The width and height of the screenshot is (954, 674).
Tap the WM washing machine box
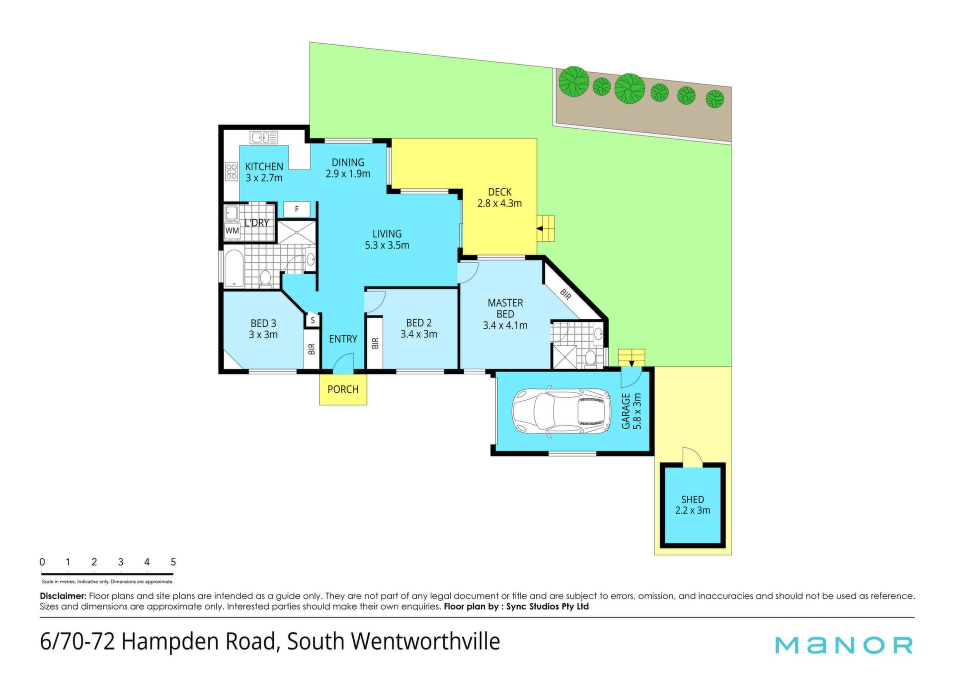232,230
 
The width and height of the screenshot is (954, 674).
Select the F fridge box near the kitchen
297,209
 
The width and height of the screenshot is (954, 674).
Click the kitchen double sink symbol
264,138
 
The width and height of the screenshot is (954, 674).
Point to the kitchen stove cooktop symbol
231,171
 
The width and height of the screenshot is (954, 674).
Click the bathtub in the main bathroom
234,268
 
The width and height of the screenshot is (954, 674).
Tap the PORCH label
343,389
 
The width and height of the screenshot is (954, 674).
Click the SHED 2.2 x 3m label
693,505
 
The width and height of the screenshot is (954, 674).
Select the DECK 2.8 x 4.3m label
499,198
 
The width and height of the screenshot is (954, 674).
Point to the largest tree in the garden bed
630,88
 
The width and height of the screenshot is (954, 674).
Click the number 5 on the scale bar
173,562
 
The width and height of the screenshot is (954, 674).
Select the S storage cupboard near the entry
313,320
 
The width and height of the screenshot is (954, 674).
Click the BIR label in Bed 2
375,343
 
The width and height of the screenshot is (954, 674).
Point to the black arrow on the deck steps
540,229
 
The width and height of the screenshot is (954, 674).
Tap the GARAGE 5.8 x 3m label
632,411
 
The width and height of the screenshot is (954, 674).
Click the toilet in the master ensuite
590,358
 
